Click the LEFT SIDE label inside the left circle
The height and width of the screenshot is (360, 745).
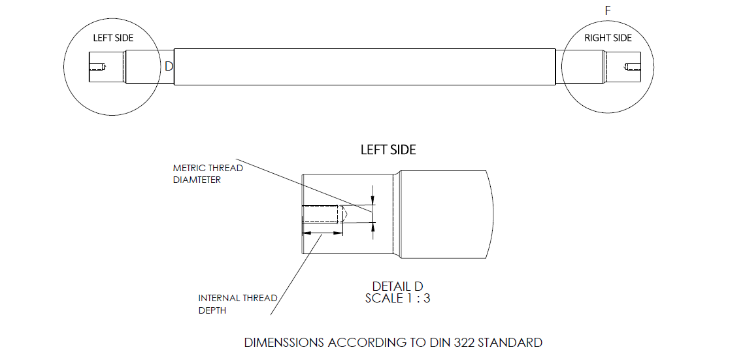[113, 38]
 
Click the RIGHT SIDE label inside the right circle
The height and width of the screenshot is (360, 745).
[608, 38]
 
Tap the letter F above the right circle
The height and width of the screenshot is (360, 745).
[608, 10]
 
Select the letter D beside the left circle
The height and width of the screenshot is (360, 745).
[169, 66]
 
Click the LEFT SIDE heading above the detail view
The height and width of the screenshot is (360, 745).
[388, 150]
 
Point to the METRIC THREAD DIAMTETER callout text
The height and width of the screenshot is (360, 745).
[208, 174]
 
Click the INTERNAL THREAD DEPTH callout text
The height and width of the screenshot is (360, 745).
[238, 304]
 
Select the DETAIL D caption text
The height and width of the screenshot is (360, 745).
[397, 286]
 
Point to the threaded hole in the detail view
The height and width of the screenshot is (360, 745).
[322, 214]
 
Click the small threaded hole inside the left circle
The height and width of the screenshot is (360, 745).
[97, 66]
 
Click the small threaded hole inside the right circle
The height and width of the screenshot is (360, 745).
[633, 66]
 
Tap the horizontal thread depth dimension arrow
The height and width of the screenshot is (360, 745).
[322, 232]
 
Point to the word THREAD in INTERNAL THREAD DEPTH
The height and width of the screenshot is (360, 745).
[259, 298]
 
